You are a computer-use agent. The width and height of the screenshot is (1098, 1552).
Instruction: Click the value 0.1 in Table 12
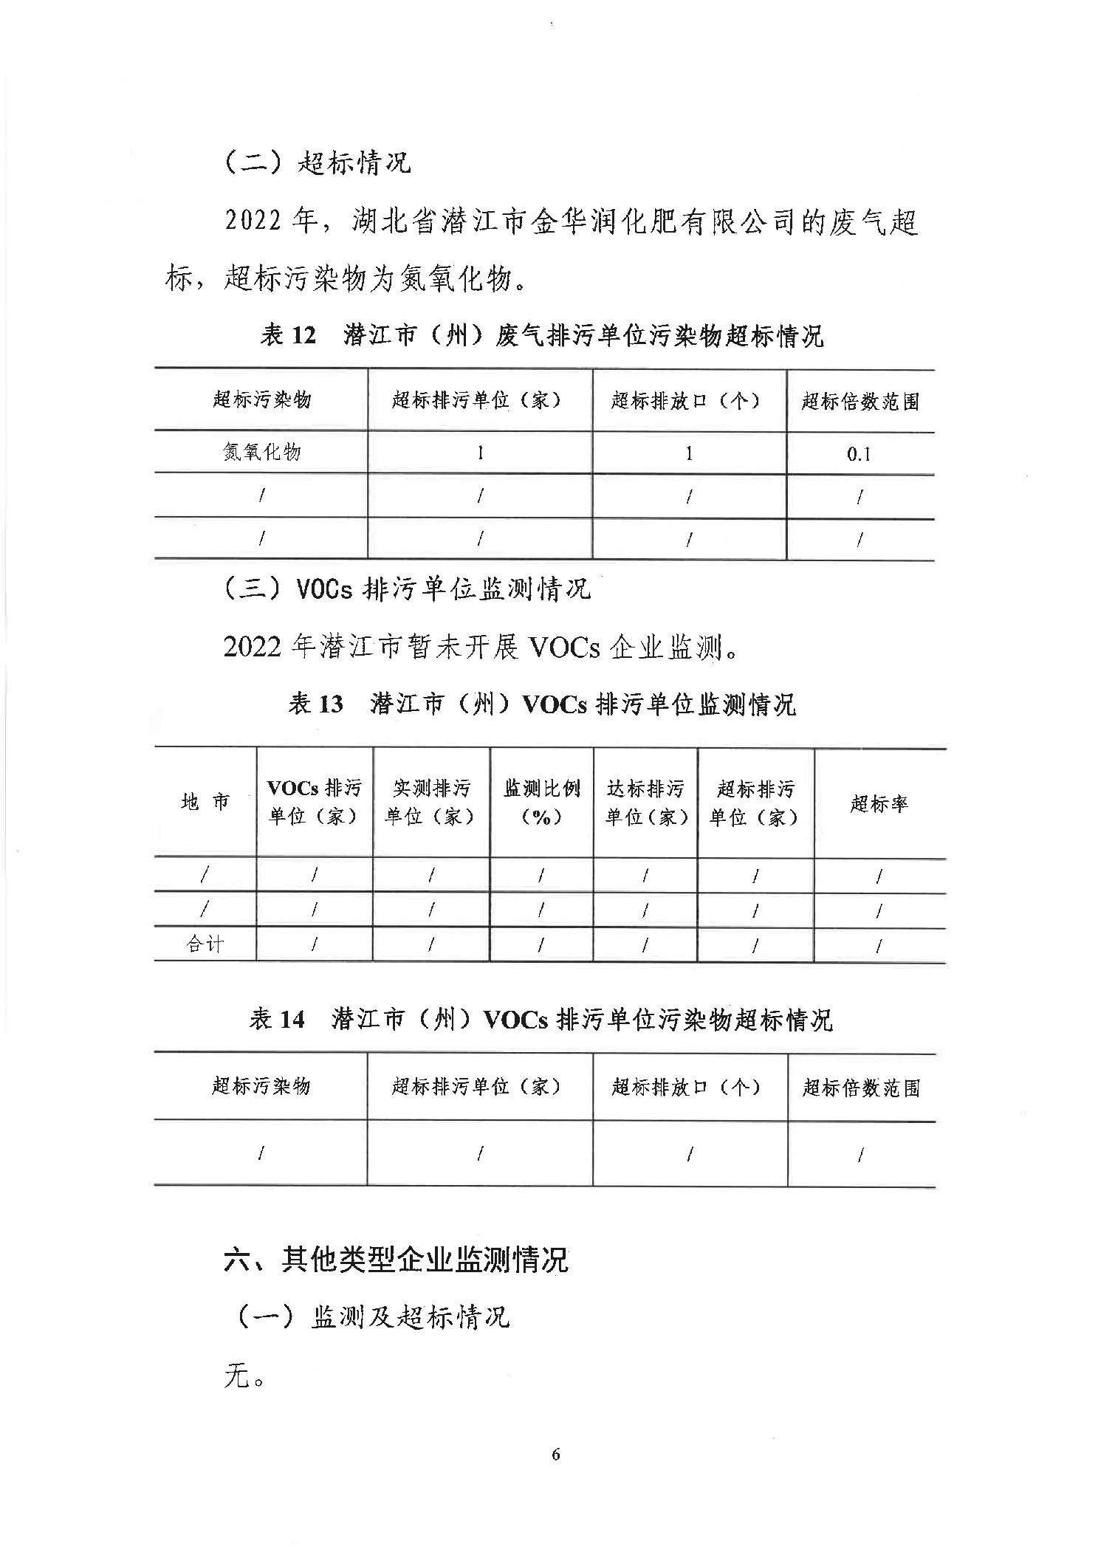pyautogui.click(x=859, y=454)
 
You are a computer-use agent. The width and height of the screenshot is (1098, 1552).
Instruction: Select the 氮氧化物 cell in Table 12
pyautogui.click(x=261, y=453)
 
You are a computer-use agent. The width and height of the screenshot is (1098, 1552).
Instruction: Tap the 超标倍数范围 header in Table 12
pyautogui.click(x=860, y=402)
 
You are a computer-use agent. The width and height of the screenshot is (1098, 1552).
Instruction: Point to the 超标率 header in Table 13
pyautogui.click(x=879, y=803)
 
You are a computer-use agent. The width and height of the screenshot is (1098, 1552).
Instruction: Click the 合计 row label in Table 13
pyautogui.click(x=205, y=944)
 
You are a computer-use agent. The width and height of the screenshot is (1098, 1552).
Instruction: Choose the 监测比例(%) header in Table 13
pyautogui.click(x=541, y=803)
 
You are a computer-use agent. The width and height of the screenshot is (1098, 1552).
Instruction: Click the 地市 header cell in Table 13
pyautogui.click(x=205, y=802)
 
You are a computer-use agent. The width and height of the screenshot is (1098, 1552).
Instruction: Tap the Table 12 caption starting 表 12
pyautogui.click(x=542, y=337)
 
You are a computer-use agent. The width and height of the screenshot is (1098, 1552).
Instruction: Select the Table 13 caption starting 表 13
pyautogui.click(x=542, y=704)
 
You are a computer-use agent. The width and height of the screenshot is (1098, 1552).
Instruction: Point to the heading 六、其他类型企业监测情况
pyautogui.click(x=396, y=1260)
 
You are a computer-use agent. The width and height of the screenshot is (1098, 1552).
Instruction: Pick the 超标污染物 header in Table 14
pyautogui.click(x=261, y=1086)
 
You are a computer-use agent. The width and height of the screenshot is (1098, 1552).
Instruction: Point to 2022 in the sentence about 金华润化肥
pyautogui.click(x=253, y=222)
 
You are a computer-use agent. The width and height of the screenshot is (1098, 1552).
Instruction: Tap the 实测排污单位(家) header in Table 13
pyautogui.click(x=430, y=803)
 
